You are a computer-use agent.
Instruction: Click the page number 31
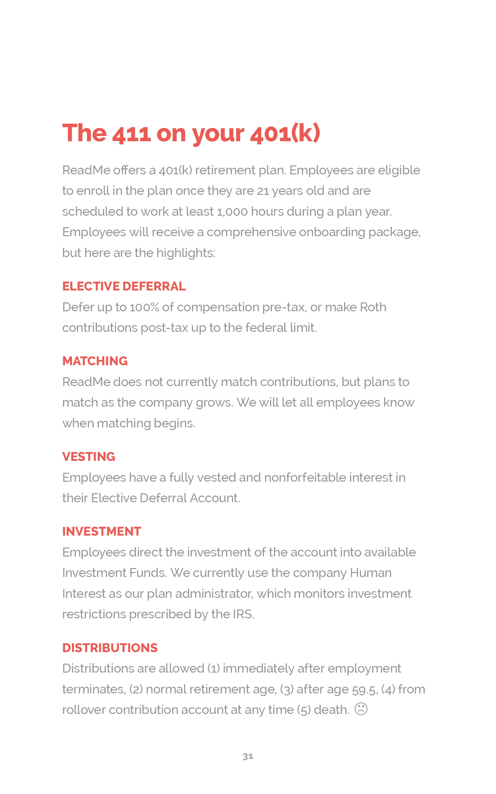tap(248, 756)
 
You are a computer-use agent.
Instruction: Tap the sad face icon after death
tap(361, 709)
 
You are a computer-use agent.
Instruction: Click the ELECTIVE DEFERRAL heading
tap(124, 286)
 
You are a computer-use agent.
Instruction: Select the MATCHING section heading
tap(95, 361)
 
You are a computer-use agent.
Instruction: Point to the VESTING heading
tap(89, 457)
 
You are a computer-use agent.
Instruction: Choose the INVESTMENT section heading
tap(102, 531)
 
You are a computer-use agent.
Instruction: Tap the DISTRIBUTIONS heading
tap(110, 648)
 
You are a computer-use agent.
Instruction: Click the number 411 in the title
tap(132, 134)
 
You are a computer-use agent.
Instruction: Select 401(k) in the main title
tap(285, 134)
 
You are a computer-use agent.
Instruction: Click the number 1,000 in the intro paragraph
tap(232, 212)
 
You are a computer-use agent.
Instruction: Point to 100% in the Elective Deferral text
tap(145, 307)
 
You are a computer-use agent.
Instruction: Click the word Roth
tap(373, 307)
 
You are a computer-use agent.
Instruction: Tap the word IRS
tap(243, 614)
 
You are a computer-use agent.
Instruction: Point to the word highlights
tap(186, 253)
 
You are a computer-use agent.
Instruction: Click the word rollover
tap(84, 710)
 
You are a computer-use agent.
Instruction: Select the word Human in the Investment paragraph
tap(371, 573)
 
